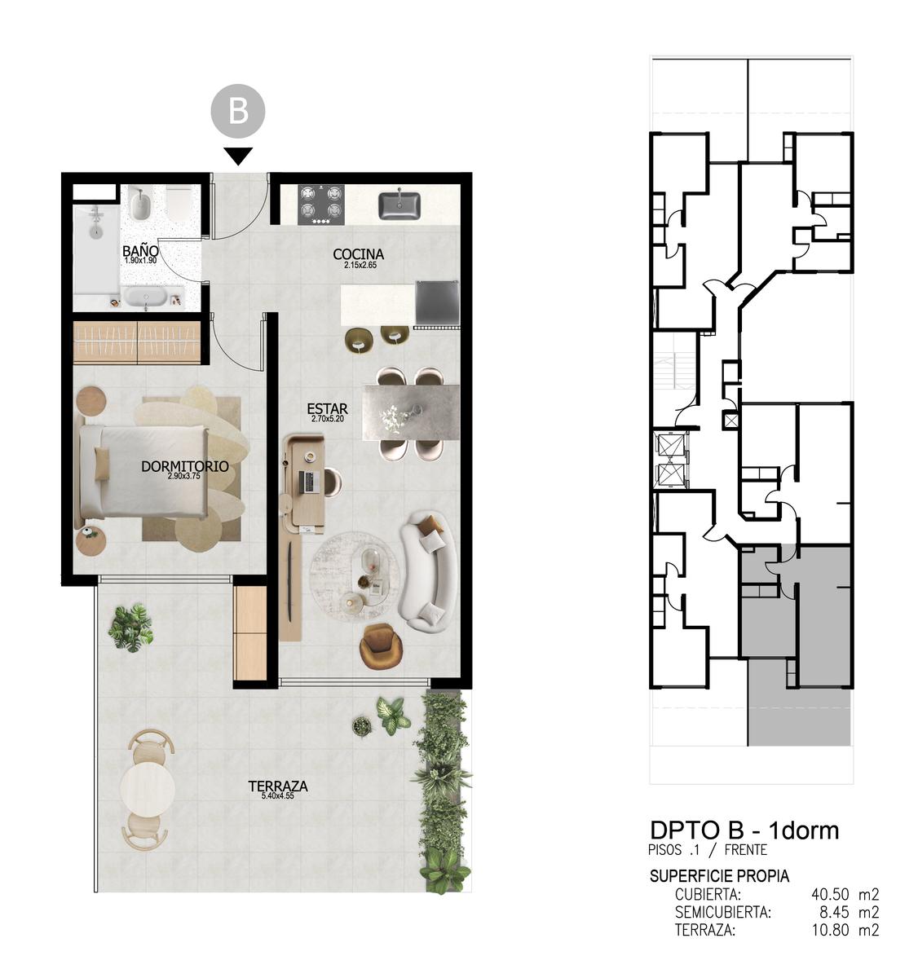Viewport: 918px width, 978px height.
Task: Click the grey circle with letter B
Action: [237, 111]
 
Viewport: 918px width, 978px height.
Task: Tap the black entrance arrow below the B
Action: [238, 156]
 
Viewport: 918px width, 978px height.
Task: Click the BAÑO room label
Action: [140, 251]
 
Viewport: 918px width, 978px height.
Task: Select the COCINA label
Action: [358, 254]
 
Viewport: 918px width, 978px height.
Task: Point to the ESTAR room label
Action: [327, 408]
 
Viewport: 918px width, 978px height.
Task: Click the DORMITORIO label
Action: [185, 466]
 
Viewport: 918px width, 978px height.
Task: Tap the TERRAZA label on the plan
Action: [278, 786]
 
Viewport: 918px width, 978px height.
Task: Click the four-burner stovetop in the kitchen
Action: [320, 205]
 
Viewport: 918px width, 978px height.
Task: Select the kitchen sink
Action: [399, 204]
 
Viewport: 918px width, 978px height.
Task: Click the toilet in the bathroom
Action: [178, 204]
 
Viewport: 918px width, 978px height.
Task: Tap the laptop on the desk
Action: [310, 482]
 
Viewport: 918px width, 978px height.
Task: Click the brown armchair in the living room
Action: [382, 646]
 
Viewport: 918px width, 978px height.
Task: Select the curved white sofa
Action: [428, 572]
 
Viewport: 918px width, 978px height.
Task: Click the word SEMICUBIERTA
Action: [722, 912]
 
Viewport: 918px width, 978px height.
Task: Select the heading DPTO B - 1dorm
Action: [744, 830]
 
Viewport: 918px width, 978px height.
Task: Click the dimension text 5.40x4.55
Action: [278, 795]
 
